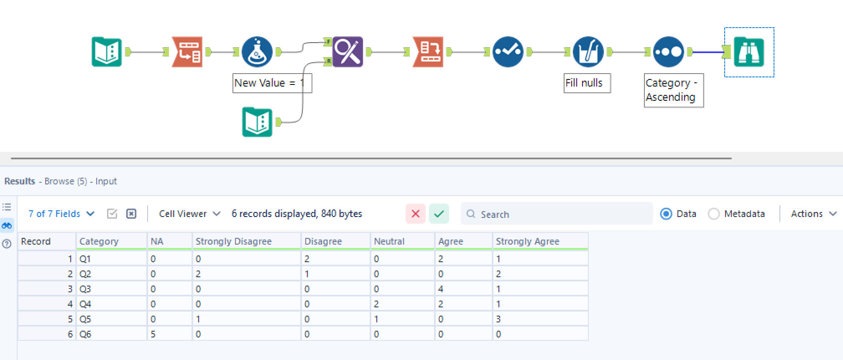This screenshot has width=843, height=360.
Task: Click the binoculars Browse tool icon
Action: point(749,52)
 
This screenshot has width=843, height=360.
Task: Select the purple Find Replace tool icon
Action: point(347,52)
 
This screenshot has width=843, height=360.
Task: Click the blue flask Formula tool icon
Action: point(257,52)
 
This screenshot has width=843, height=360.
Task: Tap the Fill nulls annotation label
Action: point(586,83)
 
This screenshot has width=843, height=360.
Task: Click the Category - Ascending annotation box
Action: point(673,90)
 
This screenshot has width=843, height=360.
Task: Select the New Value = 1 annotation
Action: point(272,83)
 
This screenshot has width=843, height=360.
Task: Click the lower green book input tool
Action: point(257,123)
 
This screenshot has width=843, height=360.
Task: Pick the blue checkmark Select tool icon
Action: point(507,52)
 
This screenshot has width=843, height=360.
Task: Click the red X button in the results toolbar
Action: point(415,214)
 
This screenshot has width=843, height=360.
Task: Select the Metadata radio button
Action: point(714,214)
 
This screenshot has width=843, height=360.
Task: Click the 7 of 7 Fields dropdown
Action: point(61,214)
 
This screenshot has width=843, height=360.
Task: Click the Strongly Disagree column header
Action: point(233,242)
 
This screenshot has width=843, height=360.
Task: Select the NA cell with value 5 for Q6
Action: point(169,334)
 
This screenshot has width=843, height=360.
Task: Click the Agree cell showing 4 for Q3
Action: point(462,289)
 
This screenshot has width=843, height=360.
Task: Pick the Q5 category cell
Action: point(111,319)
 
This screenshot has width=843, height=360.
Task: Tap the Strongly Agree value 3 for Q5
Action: point(539,319)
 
